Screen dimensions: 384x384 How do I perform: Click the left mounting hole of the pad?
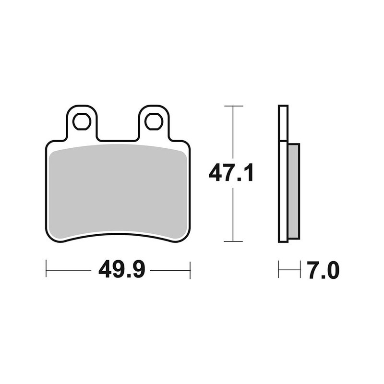[82, 121]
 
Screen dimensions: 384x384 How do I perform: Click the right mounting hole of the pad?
[154, 121]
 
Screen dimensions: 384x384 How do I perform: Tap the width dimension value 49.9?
[122, 270]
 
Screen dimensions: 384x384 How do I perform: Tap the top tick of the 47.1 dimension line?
[233, 106]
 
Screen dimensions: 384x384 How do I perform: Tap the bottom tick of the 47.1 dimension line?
[233, 241]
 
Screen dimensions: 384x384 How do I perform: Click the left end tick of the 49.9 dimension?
[46, 270]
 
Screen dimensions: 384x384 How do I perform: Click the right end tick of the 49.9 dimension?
[191, 270]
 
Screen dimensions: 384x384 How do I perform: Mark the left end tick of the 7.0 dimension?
[279, 270]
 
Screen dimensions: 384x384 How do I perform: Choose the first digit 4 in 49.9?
[106, 270]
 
